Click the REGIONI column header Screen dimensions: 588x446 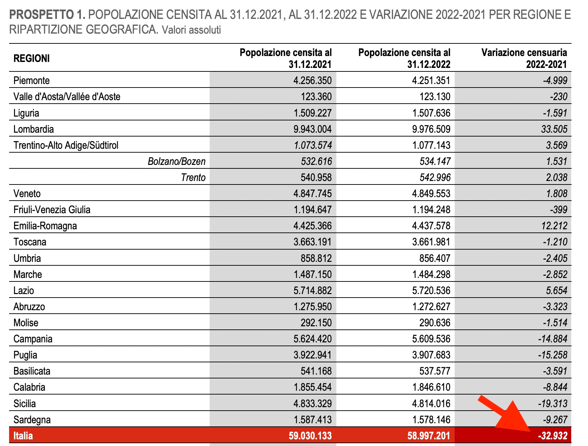click(31, 58)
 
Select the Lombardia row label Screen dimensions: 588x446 click(34, 129)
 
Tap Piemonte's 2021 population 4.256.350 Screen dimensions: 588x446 click(313, 81)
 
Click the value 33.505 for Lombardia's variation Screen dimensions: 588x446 click(554, 129)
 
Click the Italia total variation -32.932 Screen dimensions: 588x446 click(553, 436)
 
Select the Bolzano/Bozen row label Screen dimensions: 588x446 click(176, 161)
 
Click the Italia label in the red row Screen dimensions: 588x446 click(23, 436)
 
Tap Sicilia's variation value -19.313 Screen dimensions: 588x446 click(553, 404)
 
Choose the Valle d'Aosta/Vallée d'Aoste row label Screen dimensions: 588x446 click(67, 97)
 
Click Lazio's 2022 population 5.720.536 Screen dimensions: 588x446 click(431, 291)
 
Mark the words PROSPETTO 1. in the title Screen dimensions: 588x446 click(47, 15)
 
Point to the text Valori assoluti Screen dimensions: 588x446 click(191, 30)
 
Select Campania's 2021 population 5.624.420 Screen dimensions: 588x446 click(313, 339)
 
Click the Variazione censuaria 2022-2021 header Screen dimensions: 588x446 click(524, 58)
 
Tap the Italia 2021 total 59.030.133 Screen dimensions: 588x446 click(310, 436)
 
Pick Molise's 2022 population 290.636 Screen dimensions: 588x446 click(435, 323)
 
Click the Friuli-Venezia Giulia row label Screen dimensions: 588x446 click(52, 210)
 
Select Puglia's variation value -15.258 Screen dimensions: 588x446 click(553, 355)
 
